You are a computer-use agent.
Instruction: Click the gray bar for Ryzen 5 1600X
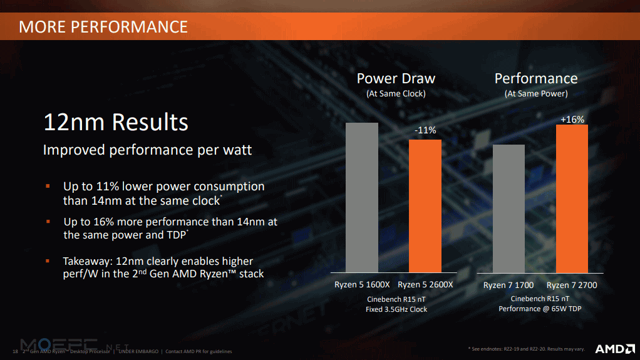pos(361,198)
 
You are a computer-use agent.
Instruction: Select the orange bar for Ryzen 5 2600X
pos(425,206)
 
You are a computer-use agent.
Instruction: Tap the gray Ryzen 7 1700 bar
pos(508,209)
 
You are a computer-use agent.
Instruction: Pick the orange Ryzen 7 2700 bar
pos(572,198)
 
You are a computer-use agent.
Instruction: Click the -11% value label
pos(425,130)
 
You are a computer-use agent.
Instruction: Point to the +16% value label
pos(572,120)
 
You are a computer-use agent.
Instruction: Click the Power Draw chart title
pos(396,78)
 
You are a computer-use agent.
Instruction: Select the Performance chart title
pos(536,78)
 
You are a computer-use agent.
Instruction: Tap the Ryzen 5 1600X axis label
pos(362,284)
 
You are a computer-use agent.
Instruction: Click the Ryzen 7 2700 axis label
pos(572,285)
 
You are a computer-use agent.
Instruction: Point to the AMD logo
pos(615,349)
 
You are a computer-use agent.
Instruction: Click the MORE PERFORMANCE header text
pos(103,27)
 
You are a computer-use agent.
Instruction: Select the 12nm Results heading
pos(116,122)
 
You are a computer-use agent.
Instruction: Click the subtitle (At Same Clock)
pos(396,93)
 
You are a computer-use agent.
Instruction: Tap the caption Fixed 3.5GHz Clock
pos(396,309)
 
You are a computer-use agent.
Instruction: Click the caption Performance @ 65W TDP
pos(540,309)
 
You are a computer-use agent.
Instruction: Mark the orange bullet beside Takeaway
pos(48,261)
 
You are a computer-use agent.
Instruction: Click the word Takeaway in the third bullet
pos(87,261)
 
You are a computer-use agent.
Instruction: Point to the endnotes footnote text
pos(526,349)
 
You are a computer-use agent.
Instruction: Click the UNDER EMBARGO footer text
pos(138,351)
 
